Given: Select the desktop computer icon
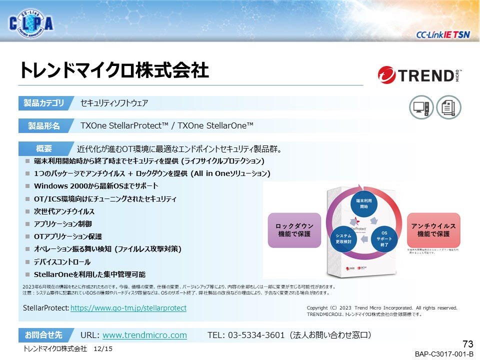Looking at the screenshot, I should pyautogui.click(x=421, y=106).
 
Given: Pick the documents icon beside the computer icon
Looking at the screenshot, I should pyautogui.click(x=448, y=106).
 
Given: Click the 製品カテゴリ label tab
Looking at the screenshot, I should pyautogui.click(x=44, y=103).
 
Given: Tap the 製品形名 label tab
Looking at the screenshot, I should pyautogui.click(x=44, y=126).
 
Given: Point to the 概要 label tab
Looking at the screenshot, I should pyautogui.click(x=44, y=148).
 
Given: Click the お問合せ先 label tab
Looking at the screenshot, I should pyautogui.click(x=44, y=334).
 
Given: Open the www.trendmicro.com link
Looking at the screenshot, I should pyautogui.click(x=144, y=335).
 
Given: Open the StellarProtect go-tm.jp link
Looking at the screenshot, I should pyautogui.click(x=128, y=308).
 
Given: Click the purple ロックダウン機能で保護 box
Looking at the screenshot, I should pyautogui.click(x=293, y=230).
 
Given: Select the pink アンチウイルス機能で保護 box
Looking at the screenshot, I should pyautogui.click(x=433, y=230).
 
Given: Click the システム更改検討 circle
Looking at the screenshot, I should pyautogui.click(x=343, y=238).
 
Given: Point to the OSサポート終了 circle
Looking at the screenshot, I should pyautogui.click(x=384, y=239).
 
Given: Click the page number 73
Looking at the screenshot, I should pyautogui.click(x=467, y=343).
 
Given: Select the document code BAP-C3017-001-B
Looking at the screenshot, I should pyautogui.click(x=443, y=354).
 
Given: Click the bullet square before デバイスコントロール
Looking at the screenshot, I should pyautogui.click(x=28, y=262).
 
